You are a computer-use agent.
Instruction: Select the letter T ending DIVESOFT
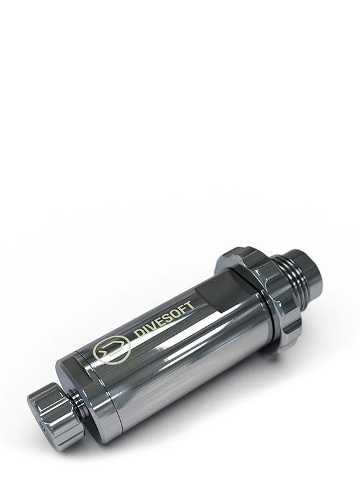(189, 309)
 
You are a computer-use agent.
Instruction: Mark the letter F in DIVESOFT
(182, 313)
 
